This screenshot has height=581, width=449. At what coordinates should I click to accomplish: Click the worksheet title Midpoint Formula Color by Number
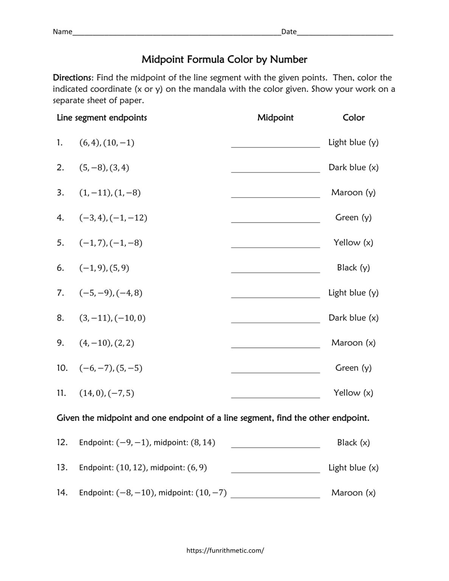coord(224,59)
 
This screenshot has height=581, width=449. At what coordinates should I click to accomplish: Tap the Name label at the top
coord(62,32)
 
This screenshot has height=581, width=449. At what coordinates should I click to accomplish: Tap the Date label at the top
coord(289,32)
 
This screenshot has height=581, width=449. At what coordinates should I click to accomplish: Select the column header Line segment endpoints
coord(102,118)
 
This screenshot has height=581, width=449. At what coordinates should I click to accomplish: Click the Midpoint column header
coord(275,118)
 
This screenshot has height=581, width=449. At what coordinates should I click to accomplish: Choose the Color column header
coord(353,118)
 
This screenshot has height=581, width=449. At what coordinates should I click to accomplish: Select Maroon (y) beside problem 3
coord(353,193)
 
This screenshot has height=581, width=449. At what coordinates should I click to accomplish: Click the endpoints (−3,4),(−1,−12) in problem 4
coord(113,218)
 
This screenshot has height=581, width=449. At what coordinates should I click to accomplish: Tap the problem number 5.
coord(61,243)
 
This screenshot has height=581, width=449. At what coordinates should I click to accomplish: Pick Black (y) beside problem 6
coord(353,268)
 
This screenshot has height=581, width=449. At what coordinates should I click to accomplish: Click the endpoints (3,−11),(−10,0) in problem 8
coord(112,318)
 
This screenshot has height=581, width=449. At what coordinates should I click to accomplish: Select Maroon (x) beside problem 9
coord(353,343)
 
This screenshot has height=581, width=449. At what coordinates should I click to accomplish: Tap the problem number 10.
coord(62,368)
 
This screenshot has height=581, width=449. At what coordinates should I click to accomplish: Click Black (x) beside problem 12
coord(353,443)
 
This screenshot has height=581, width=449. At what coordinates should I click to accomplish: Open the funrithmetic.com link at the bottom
coord(225,551)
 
